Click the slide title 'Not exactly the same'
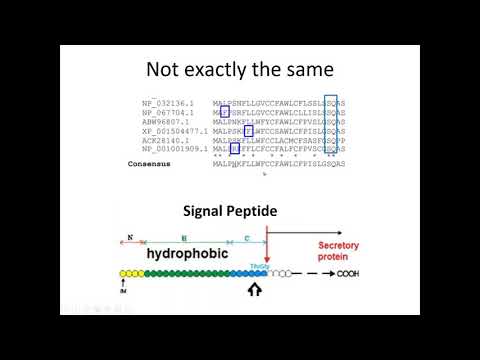tap(239, 70)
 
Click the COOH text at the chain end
tap(349, 273)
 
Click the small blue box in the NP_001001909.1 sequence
tap(234, 149)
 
